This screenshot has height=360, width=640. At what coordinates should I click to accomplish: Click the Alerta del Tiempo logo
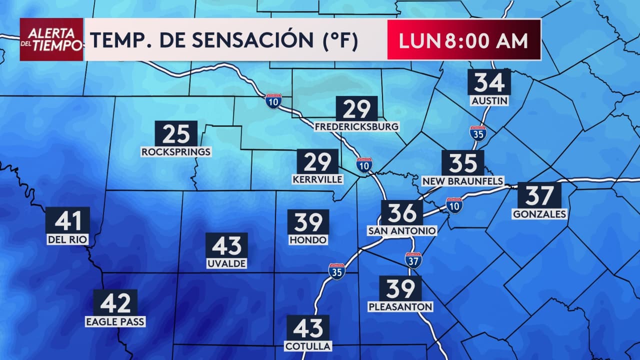click(51, 39)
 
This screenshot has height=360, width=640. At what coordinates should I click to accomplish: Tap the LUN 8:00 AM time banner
click(463, 40)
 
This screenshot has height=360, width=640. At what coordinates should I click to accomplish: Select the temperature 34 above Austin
click(489, 82)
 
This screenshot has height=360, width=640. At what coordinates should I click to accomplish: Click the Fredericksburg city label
click(356, 126)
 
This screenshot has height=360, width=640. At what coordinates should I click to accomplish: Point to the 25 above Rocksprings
click(176, 133)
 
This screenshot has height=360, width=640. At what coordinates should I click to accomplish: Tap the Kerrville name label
click(317, 179)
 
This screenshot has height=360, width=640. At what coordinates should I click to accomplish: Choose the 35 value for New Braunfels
click(462, 162)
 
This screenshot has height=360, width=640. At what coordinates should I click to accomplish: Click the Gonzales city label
click(539, 214)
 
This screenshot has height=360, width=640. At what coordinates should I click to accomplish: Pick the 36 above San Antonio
click(402, 212)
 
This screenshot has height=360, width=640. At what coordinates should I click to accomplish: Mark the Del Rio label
click(67, 239)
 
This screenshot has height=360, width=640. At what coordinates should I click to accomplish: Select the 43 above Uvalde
click(226, 245)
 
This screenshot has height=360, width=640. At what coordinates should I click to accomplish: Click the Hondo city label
click(308, 240)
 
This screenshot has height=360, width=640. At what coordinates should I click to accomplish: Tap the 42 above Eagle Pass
click(115, 302)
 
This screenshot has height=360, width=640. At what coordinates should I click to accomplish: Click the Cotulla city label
click(307, 346)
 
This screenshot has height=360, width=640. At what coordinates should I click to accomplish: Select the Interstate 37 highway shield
click(413, 260)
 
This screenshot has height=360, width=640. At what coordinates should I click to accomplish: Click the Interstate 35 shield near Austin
click(478, 133)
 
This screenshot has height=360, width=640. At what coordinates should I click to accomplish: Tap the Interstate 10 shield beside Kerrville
click(364, 164)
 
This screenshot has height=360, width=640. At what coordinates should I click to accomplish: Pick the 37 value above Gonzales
click(539, 195)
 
